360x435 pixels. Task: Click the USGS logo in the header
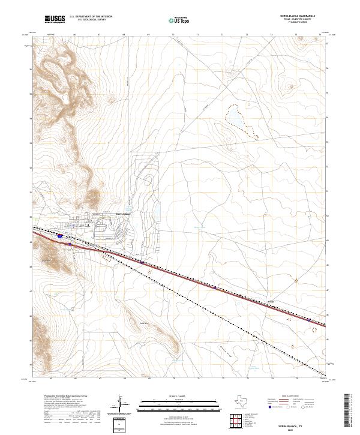coord(53,20)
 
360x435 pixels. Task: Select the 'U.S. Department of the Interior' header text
coord(91,17)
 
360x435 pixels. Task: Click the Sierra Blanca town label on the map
coord(122,211)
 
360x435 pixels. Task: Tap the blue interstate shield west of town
coord(62,237)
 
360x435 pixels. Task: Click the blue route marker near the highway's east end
coord(309,320)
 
